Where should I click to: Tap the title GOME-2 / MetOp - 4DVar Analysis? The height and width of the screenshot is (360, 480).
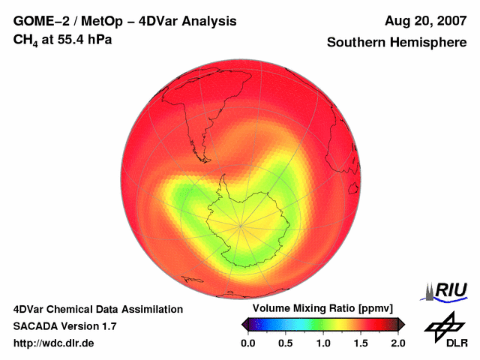pyautogui.click(x=125, y=21)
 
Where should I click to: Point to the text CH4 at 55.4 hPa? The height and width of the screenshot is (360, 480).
pyautogui.click(x=63, y=40)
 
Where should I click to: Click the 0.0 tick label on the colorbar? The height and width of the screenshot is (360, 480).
pyautogui.click(x=248, y=343)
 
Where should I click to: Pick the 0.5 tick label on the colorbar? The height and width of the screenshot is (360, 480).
pyautogui.click(x=286, y=343)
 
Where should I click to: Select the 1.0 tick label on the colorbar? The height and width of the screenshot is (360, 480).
pyautogui.click(x=323, y=343)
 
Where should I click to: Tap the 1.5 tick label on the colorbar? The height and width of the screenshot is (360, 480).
pyautogui.click(x=361, y=343)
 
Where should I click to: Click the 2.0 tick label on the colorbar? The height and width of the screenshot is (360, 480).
pyautogui.click(x=397, y=343)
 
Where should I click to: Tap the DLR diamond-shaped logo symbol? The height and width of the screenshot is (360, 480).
pyautogui.click(x=442, y=325)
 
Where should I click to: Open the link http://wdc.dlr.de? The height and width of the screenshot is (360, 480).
pyautogui.click(x=54, y=343)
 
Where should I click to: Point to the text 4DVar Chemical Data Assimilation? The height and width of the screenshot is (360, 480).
pyautogui.click(x=98, y=309)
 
